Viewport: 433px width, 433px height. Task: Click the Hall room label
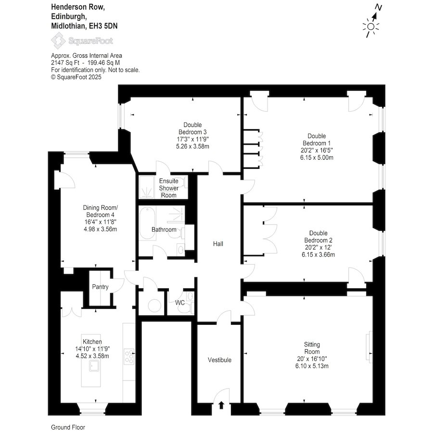click(x=218, y=244)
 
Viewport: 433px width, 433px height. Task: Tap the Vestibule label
click(x=219, y=360)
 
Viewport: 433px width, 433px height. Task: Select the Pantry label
click(x=100, y=287)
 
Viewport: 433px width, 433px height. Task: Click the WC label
click(x=180, y=303)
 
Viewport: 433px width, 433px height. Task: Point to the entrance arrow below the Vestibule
click(x=221, y=405)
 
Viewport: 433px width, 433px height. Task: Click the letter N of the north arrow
click(x=378, y=7)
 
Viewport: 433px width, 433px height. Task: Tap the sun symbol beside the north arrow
click(x=371, y=27)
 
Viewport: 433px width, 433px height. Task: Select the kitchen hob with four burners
click(x=129, y=357)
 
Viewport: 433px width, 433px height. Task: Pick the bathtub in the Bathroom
click(x=147, y=223)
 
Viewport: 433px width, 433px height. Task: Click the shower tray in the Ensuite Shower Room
click(x=146, y=187)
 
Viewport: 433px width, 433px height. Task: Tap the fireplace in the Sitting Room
click(x=369, y=347)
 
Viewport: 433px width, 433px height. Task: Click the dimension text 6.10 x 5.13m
click(x=312, y=366)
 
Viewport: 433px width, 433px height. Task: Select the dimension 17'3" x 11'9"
click(x=192, y=139)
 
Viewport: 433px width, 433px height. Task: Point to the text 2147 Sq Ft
click(x=65, y=63)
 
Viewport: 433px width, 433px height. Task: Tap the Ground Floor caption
click(x=68, y=427)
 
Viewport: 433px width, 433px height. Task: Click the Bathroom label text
click(x=164, y=229)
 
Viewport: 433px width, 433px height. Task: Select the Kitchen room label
click(x=92, y=342)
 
